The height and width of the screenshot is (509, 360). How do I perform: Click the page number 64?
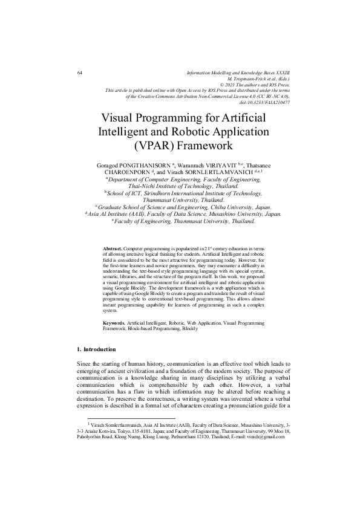[x=80, y=73]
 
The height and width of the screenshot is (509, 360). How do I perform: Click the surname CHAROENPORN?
[x=132, y=172]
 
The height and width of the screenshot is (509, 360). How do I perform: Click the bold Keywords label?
[x=115, y=324]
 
